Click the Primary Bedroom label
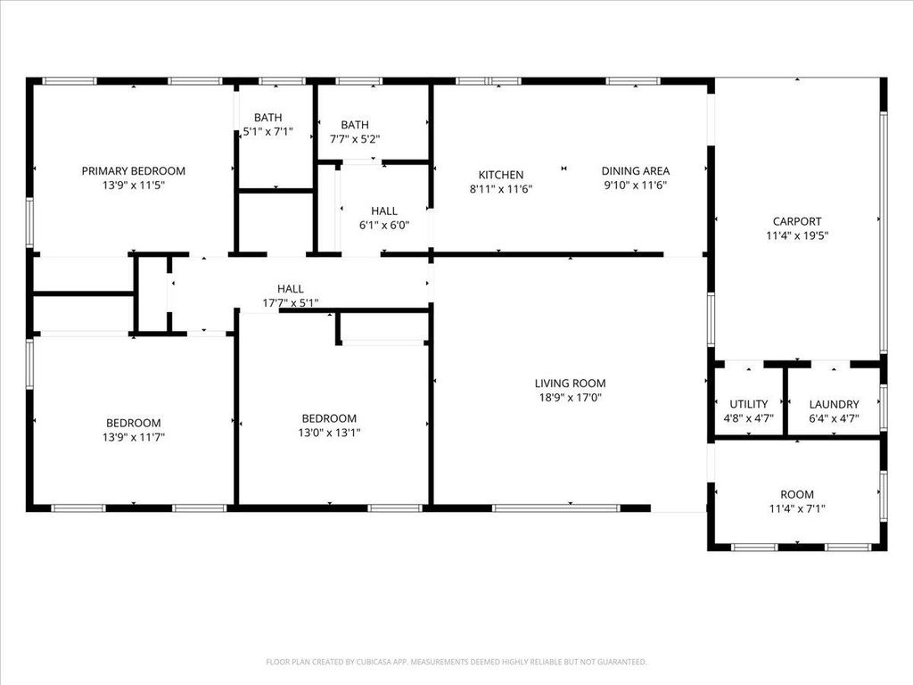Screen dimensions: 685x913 (x=134, y=170)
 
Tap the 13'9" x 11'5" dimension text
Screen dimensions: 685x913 (x=134, y=185)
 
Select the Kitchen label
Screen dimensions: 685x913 (x=501, y=175)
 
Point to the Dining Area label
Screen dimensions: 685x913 (x=635, y=171)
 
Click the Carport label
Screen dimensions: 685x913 (x=797, y=221)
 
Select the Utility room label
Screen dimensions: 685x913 (x=748, y=404)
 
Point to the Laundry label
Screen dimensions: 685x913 (x=834, y=404)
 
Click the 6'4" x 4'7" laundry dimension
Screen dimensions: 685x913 (x=834, y=417)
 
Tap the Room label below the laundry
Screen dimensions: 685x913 (x=797, y=494)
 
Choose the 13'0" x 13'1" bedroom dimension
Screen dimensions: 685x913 (x=329, y=433)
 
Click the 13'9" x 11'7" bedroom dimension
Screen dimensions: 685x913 (x=134, y=437)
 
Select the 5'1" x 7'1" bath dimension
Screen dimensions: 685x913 (x=267, y=132)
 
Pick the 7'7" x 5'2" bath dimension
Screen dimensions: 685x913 (x=354, y=139)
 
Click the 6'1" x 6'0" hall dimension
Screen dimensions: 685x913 (x=384, y=225)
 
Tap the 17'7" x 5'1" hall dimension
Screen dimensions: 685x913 (x=290, y=302)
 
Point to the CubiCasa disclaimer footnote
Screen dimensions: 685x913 (x=456, y=662)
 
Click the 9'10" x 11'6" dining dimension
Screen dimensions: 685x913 (x=635, y=185)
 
